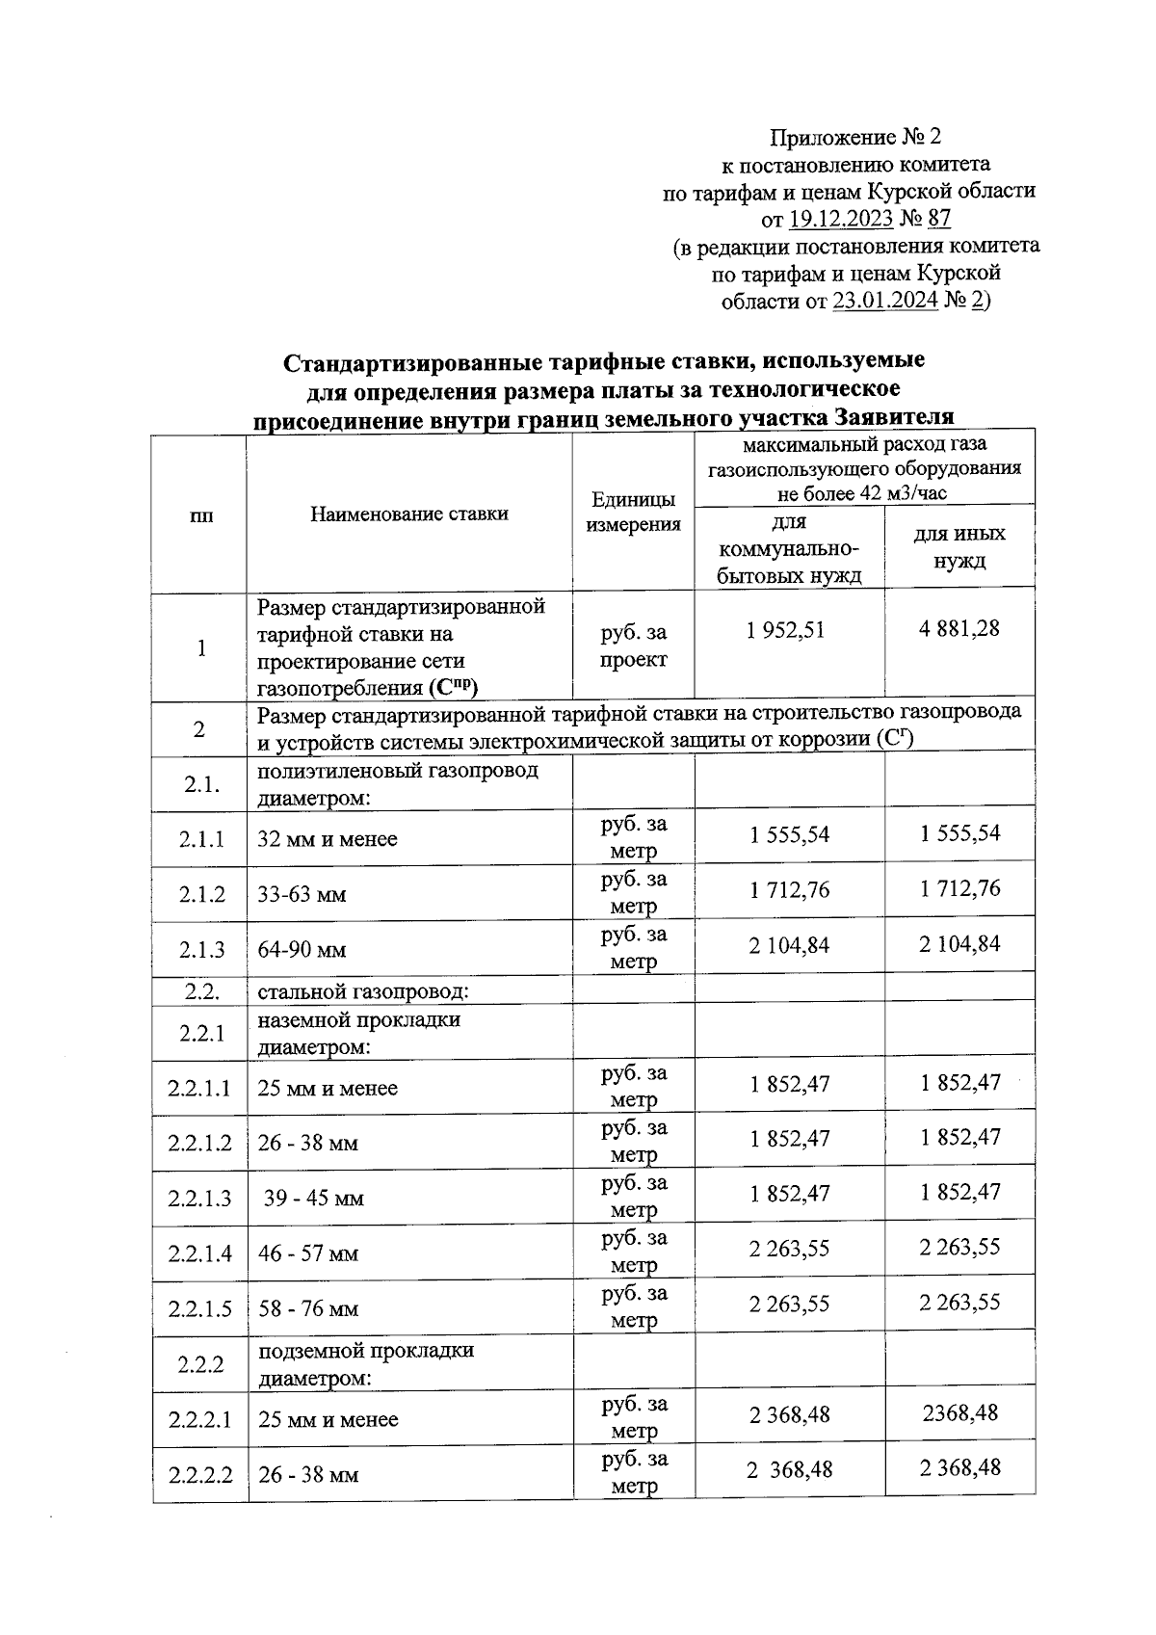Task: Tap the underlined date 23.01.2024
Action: pyautogui.click(x=884, y=302)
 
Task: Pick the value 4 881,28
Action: pyautogui.click(x=959, y=629)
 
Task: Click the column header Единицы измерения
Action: pyautogui.click(x=633, y=512)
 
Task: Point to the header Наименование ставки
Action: pyautogui.click(x=408, y=514)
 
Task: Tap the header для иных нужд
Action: pyautogui.click(x=959, y=546)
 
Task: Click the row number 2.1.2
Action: pyautogui.click(x=201, y=894)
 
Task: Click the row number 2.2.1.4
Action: pyautogui.click(x=199, y=1253)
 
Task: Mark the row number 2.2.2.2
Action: pyautogui.click(x=199, y=1474)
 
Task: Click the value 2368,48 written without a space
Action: pyautogui.click(x=959, y=1413)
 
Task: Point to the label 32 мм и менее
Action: pyautogui.click(x=327, y=839)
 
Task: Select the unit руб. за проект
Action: pyautogui.click(x=633, y=646)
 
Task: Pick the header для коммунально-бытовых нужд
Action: pyautogui.click(x=789, y=549)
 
